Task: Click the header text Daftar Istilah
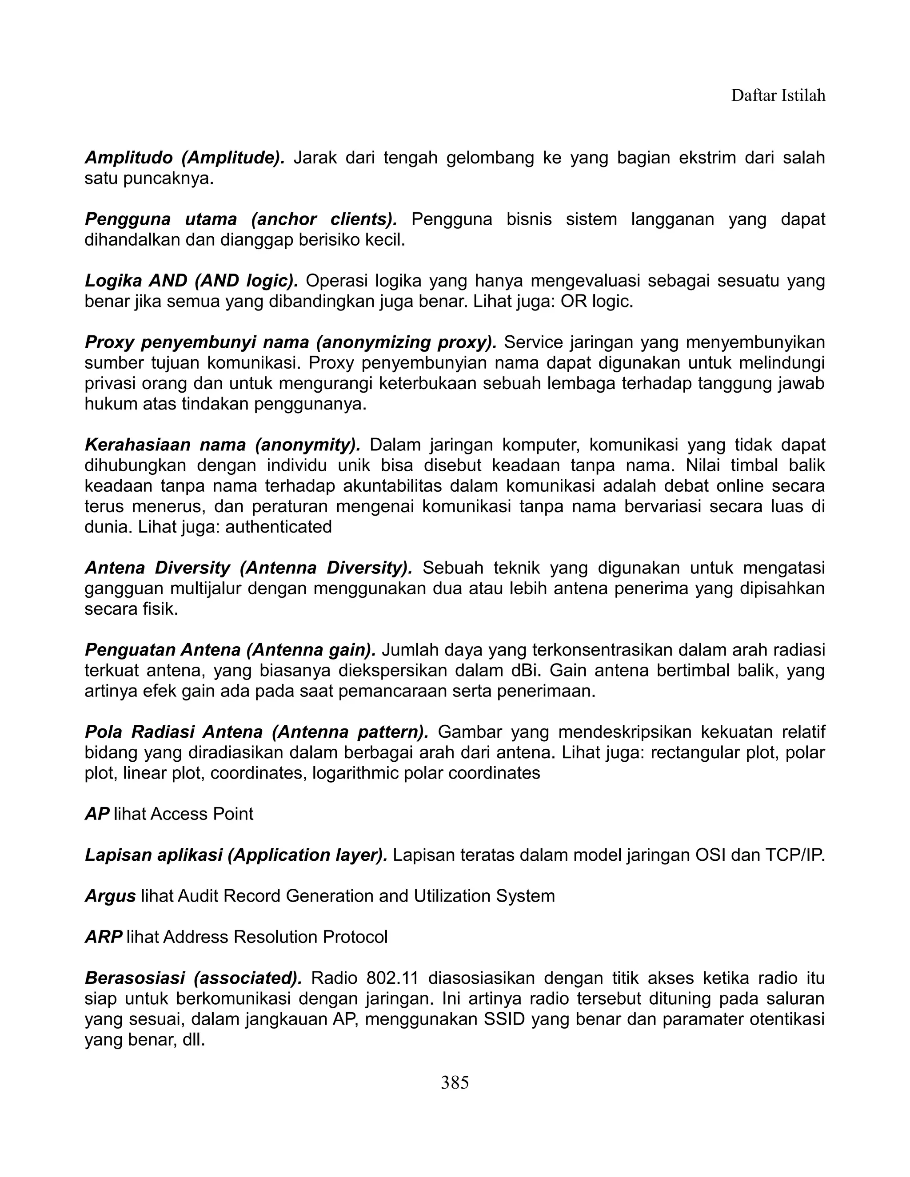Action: tap(778, 95)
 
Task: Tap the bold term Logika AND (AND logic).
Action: tap(192, 281)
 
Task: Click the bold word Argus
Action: tap(110, 896)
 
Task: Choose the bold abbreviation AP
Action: tap(97, 814)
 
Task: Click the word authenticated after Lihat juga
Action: tap(278, 526)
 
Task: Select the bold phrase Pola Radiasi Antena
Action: tap(174, 732)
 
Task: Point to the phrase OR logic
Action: tap(596, 301)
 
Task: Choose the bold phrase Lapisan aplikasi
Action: tap(154, 855)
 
